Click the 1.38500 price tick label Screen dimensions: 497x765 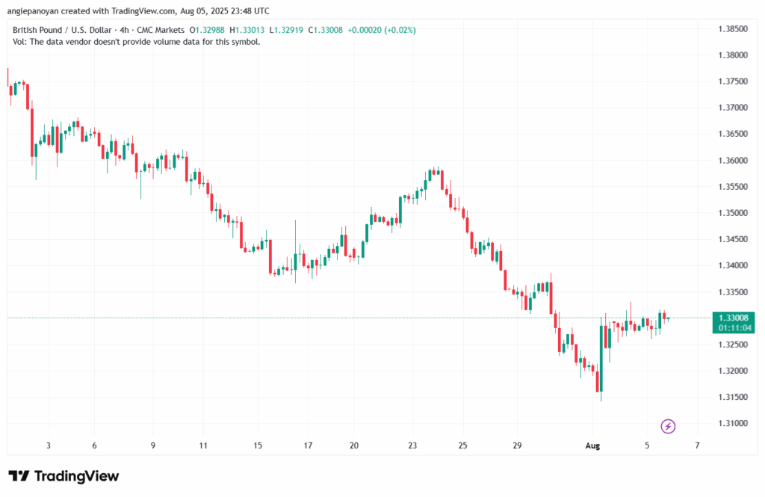coord(731,29)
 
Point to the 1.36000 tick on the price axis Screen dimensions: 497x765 coord(731,161)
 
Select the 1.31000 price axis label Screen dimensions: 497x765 coord(731,424)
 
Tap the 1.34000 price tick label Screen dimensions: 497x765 coord(731,266)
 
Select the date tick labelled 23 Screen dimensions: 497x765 coord(412,445)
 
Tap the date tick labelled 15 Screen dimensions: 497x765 coord(258,445)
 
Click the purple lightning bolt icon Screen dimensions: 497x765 coord(669,426)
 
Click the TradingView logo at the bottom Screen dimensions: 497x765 coord(64,476)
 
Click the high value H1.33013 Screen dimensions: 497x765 coord(247,30)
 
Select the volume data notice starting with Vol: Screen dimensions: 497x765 coord(135,42)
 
